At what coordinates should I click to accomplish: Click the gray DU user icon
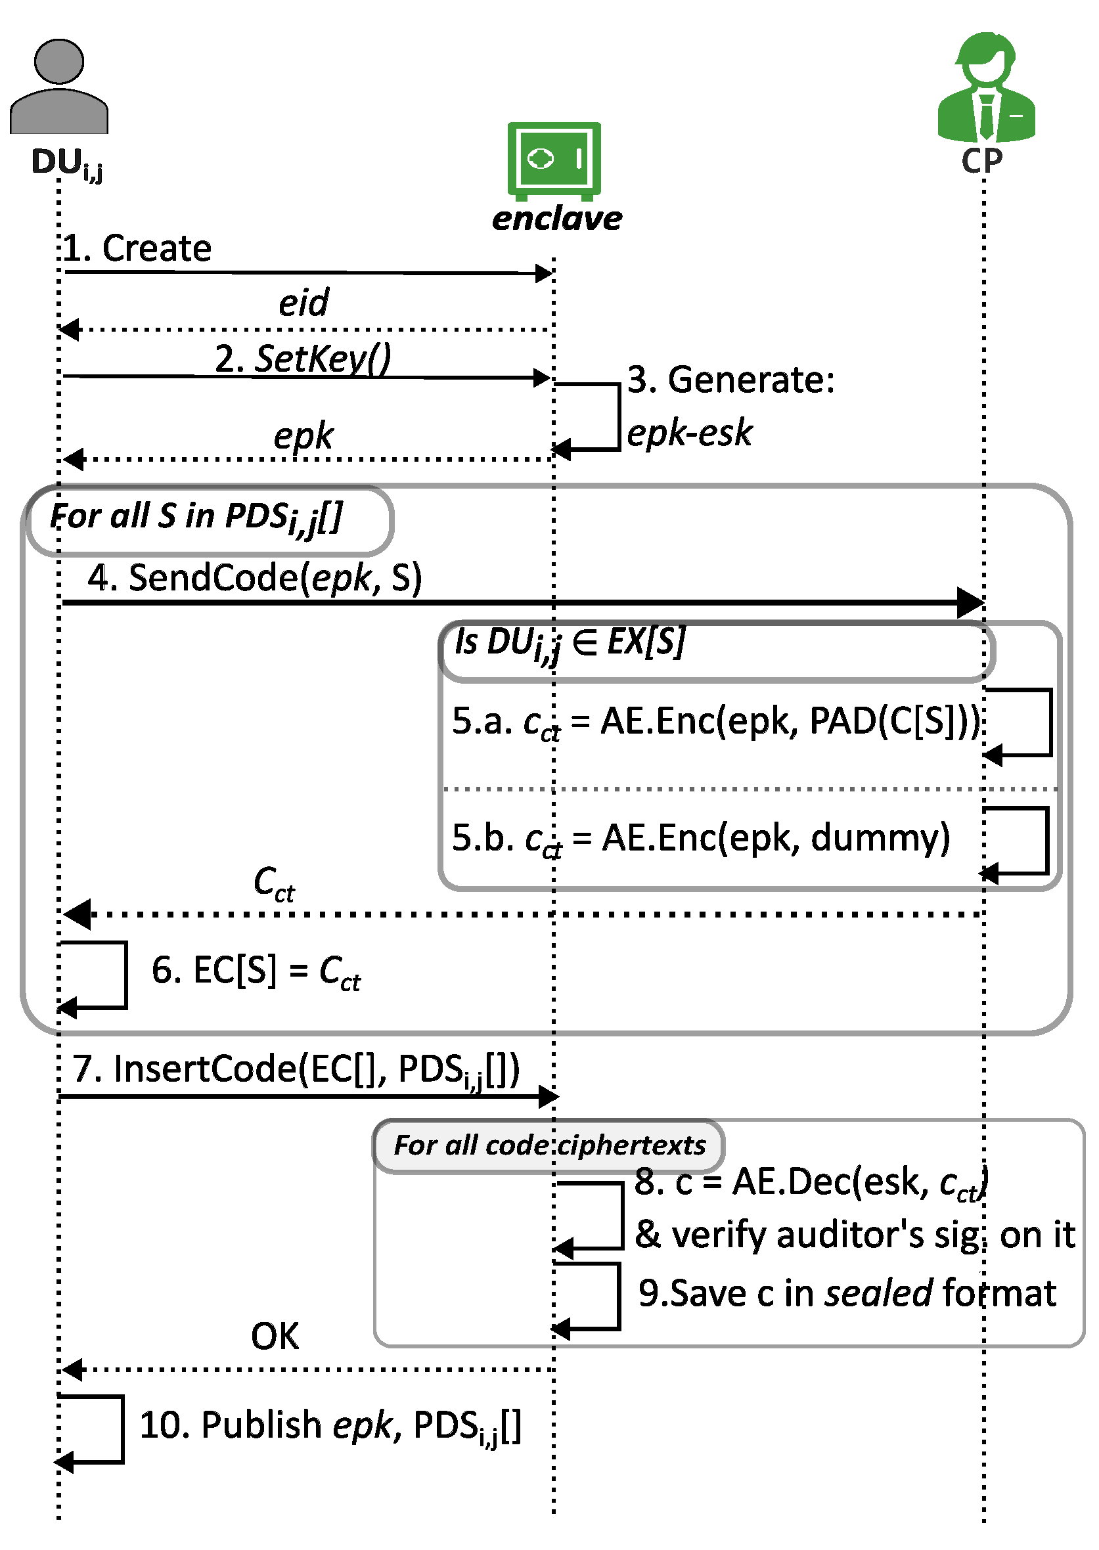[x=59, y=86]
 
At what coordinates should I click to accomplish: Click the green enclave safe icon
[x=554, y=161]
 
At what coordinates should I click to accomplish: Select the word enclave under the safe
[x=557, y=219]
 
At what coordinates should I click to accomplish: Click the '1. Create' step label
[x=137, y=248]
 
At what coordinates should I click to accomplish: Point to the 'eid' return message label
[x=304, y=301]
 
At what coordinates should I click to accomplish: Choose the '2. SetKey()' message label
[x=302, y=359]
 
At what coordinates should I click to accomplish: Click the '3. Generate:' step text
[x=731, y=379]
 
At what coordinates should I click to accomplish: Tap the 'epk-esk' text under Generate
[x=690, y=432]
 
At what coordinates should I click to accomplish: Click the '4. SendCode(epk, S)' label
[x=254, y=578]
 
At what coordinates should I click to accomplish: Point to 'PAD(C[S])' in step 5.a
[x=895, y=720]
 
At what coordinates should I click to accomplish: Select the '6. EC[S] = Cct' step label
[x=256, y=972]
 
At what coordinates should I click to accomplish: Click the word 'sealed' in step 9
[x=878, y=1293]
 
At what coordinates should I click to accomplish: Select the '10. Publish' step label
[x=330, y=1426]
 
